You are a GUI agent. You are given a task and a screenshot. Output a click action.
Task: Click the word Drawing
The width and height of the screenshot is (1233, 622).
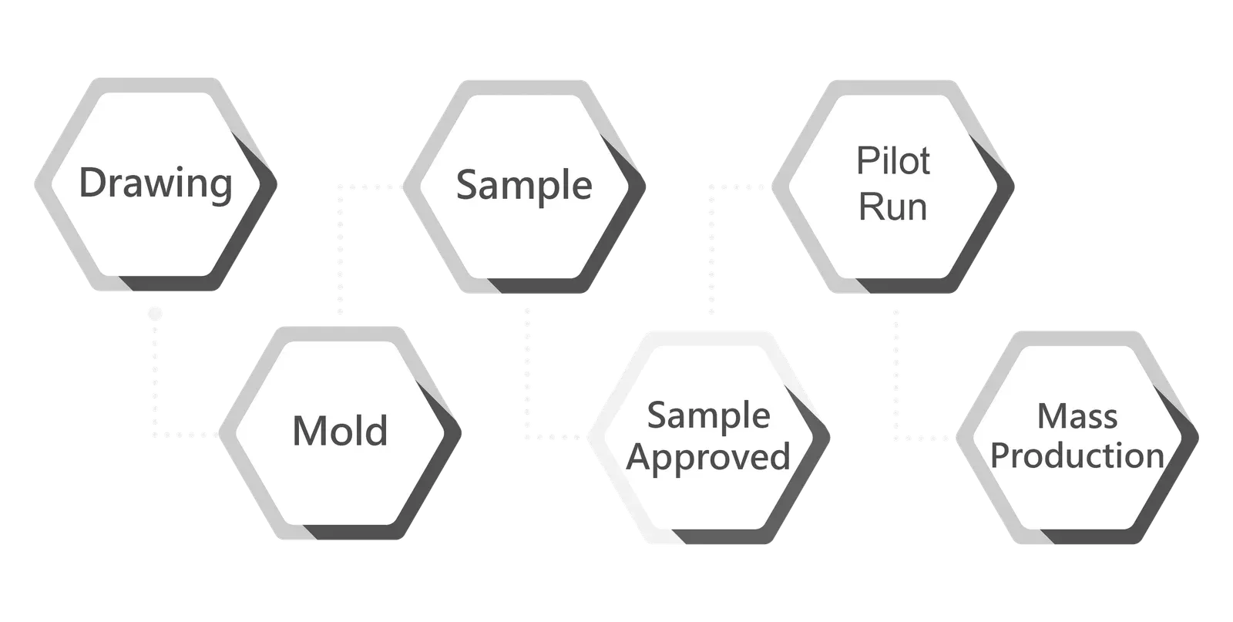(156, 183)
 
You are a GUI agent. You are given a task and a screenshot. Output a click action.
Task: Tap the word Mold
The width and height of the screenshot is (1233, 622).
(340, 430)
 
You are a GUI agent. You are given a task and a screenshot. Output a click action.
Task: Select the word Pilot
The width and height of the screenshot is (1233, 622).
(893, 161)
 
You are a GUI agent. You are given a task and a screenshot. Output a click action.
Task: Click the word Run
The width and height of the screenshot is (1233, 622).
(893, 207)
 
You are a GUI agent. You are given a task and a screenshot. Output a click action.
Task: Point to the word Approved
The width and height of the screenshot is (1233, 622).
(708, 457)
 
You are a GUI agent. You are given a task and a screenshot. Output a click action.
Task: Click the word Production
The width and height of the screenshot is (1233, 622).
(1077, 456)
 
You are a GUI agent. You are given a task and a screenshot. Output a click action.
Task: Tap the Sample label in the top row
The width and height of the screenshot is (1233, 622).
(524, 185)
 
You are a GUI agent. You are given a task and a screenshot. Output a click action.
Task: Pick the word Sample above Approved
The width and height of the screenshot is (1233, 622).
(708, 415)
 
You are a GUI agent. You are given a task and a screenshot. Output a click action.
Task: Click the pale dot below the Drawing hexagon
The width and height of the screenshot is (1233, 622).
(155, 314)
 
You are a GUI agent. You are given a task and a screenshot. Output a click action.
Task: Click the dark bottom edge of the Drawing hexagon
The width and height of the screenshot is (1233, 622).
(170, 284)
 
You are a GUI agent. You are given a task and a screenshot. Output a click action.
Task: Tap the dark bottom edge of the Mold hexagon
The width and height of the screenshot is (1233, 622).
(355, 533)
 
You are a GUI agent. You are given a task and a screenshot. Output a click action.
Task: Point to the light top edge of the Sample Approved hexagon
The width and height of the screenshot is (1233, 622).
(708, 339)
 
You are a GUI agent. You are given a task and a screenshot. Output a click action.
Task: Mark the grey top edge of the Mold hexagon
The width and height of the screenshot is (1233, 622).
(340, 334)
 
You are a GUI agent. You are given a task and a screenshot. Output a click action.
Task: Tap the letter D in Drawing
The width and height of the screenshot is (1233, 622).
(92, 182)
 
